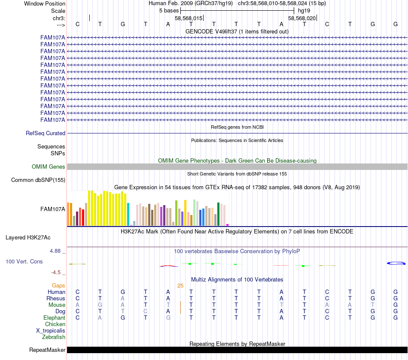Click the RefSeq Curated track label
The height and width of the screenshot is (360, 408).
(x=46, y=133)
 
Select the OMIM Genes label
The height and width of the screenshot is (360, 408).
(x=49, y=167)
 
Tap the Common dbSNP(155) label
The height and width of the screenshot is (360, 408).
(x=38, y=180)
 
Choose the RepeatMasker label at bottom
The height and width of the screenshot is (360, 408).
(x=47, y=350)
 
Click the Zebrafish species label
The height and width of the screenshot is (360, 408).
(x=54, y=337)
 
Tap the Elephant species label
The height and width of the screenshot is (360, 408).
(x=54, y=318)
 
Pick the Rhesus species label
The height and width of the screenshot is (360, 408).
(x=56, y=299)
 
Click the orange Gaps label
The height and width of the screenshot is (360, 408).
(x=58, y=286)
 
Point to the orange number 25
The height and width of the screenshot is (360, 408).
(x=180, y=286)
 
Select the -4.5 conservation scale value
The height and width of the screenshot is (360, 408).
(x=57, y=272)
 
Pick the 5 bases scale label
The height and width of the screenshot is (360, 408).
(x=169, y=10)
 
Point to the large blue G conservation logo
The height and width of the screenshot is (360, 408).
(x=396, y=263)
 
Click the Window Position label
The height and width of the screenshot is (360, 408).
(x=45, y=3)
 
